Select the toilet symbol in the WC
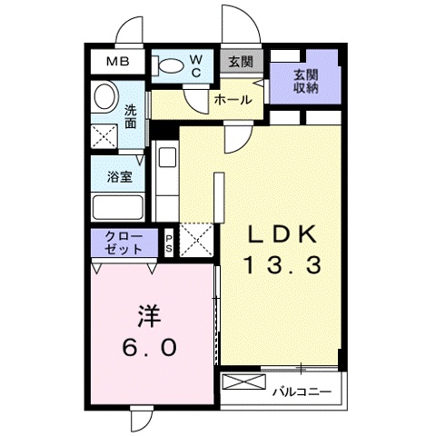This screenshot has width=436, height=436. point(171,65)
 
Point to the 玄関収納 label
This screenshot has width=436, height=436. point(305,81)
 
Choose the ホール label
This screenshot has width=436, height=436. point(233,101)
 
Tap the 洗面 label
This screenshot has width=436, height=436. point(131,115)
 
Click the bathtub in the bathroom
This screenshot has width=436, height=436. point(118,208)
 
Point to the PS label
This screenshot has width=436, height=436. point(169,243)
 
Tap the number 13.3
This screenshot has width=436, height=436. point(283,266)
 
